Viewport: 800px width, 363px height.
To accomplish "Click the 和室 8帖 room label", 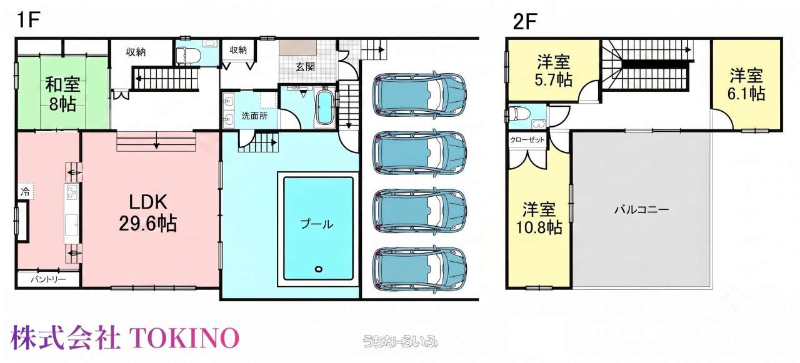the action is click(x=63, y=94).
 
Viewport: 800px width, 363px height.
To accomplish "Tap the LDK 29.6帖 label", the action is click(x=148, y=213).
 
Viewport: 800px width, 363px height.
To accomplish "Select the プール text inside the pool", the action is click(x=317, y=224).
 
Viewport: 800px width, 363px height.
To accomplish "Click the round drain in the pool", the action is click(x=318, y=269).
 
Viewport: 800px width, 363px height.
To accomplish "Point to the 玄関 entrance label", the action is click(x=306, y=66).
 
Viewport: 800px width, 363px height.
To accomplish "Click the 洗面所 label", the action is click(x=254, y=116).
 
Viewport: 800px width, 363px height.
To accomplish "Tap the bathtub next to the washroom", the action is click(x=324, y=107).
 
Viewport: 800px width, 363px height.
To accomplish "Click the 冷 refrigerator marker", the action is click(x=25, y=192).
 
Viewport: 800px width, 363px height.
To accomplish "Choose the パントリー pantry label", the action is click(x=48, y=279).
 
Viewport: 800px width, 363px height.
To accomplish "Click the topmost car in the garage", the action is click(x=419, y=94).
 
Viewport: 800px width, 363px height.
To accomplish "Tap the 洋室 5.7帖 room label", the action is click(x=553, y=71).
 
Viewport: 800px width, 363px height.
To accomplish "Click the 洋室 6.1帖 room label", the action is click(x=746, y=84).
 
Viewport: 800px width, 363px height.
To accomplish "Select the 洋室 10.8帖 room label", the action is click(x=539, y=218).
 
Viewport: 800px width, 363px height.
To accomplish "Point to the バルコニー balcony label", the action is click(x=642, y=209).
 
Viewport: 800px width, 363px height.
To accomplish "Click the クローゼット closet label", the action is click(x=527, y=140).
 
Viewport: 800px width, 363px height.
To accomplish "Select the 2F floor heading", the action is click(x=525, y=21).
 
